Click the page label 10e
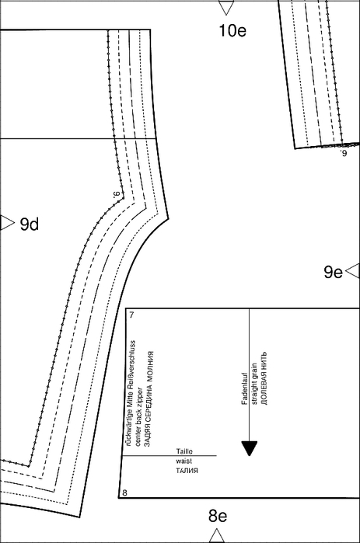click(x=232, y=30)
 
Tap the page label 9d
click(x=30, y=225)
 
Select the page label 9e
click(x=333, y=272)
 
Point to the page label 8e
click(x=218, y=516)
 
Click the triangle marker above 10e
click(x=226, y=7)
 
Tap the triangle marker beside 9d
click(x=6, y=222)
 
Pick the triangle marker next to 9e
click(x=354, y=270)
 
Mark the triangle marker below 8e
click(x=217, y=535)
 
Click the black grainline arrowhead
click(x=249, y=448)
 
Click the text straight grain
click(x=254, y=384)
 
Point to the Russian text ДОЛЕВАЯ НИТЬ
click(x=264, y=378)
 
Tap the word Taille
click(x=184, y=451)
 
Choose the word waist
click(x=184, y=461)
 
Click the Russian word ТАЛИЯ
click(x=187, y=471)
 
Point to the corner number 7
click(x=131, y=315)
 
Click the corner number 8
click(x=124, y=493)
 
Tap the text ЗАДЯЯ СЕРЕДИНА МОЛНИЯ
click(x=149, y=399)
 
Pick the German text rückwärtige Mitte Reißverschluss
click(x=130, y=393)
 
